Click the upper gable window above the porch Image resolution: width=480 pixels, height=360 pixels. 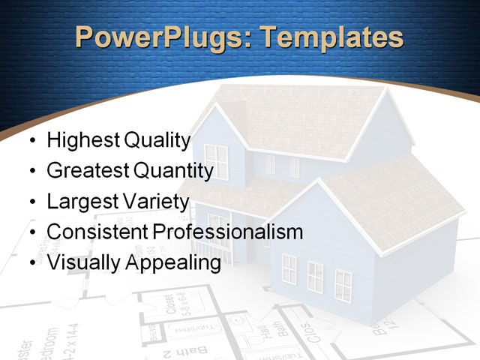[216, 161]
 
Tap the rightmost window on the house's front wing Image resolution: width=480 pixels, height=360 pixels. [343, 285]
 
